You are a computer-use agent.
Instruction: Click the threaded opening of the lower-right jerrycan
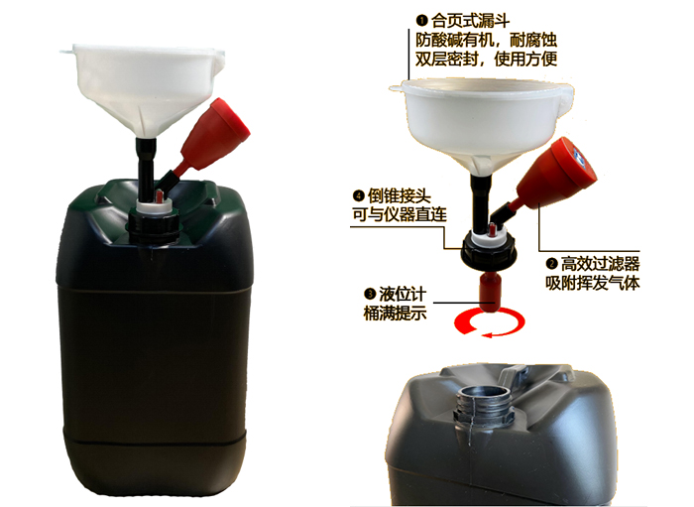484,401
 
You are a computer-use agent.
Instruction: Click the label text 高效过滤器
600,264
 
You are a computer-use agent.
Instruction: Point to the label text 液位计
403,294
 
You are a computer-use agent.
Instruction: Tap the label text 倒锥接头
399,195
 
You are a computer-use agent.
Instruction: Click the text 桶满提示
395,314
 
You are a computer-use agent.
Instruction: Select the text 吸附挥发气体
593,283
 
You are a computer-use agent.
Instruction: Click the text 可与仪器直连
400,214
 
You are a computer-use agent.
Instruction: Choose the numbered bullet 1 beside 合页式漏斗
421,21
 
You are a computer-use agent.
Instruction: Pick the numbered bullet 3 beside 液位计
370,294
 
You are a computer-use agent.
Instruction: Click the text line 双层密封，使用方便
486,59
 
